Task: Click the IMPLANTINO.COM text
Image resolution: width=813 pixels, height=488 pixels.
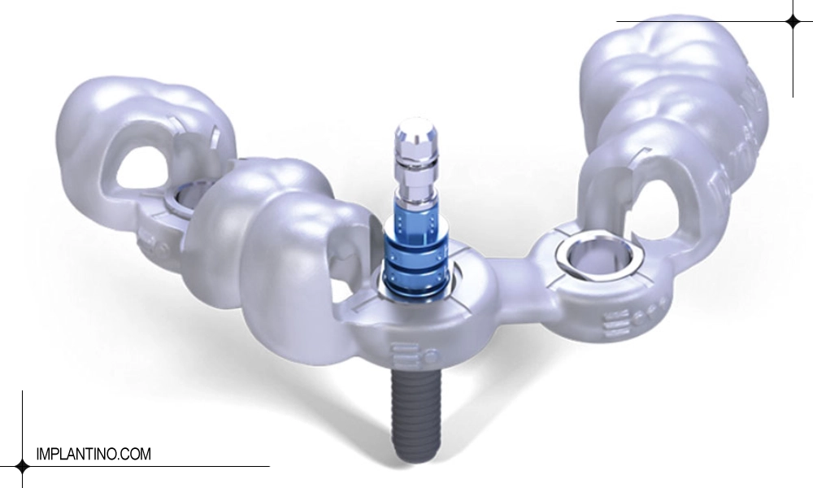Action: (x=93, y=454)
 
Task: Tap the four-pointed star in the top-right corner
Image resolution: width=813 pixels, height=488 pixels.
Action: (x=793, y=22)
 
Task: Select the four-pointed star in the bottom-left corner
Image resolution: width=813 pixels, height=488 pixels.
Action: (x=22, y=466)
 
